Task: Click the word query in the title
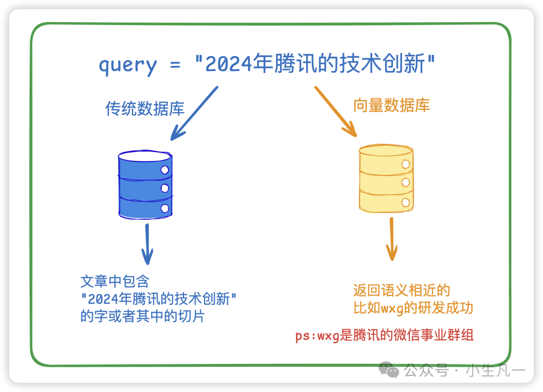pos(128,65)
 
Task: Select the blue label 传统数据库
pos(145,109)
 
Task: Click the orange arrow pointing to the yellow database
pos(335,111)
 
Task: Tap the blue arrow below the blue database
pos(147,244)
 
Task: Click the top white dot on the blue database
pos(164,170)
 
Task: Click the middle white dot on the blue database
pos(164,188)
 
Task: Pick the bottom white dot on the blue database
pos(164,208)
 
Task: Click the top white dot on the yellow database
pos(405,164)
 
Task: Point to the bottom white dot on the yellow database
pos(405,202)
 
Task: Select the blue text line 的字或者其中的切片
pos(142,317)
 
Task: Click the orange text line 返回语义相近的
pos(401,290)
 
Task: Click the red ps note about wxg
pos(385,336)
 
